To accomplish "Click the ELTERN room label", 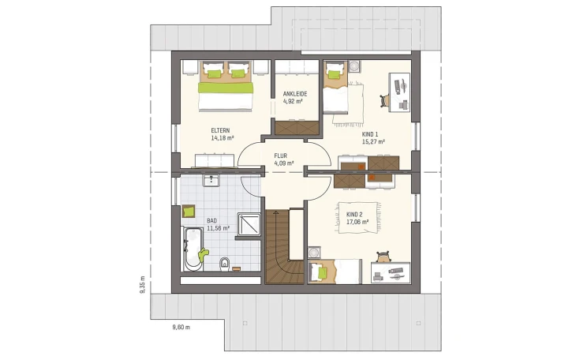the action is [220, 130].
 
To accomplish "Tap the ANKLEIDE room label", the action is [295, 94].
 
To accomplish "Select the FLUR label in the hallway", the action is [281, 156].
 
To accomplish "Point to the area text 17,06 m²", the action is [357, 222].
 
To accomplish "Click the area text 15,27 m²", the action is [373, 141].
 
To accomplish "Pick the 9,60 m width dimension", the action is [181, 328].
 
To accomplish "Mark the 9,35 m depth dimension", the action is [142, 285].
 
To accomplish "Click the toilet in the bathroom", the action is [224, 264].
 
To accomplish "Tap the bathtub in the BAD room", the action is [193, 249].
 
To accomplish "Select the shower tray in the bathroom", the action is [249, 224].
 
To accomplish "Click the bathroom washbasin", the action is [211, 180].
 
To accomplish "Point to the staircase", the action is [285, 246].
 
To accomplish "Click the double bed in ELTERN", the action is [226, 86].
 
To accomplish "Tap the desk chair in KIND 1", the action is [384, 100].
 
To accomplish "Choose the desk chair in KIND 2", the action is [383, 257].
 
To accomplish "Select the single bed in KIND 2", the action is [335, 272].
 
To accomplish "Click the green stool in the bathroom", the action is [189, 212].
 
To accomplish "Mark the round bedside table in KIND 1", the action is [354, 66].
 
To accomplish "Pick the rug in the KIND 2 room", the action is [357, 217].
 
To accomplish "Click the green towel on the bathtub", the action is [203, 254].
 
